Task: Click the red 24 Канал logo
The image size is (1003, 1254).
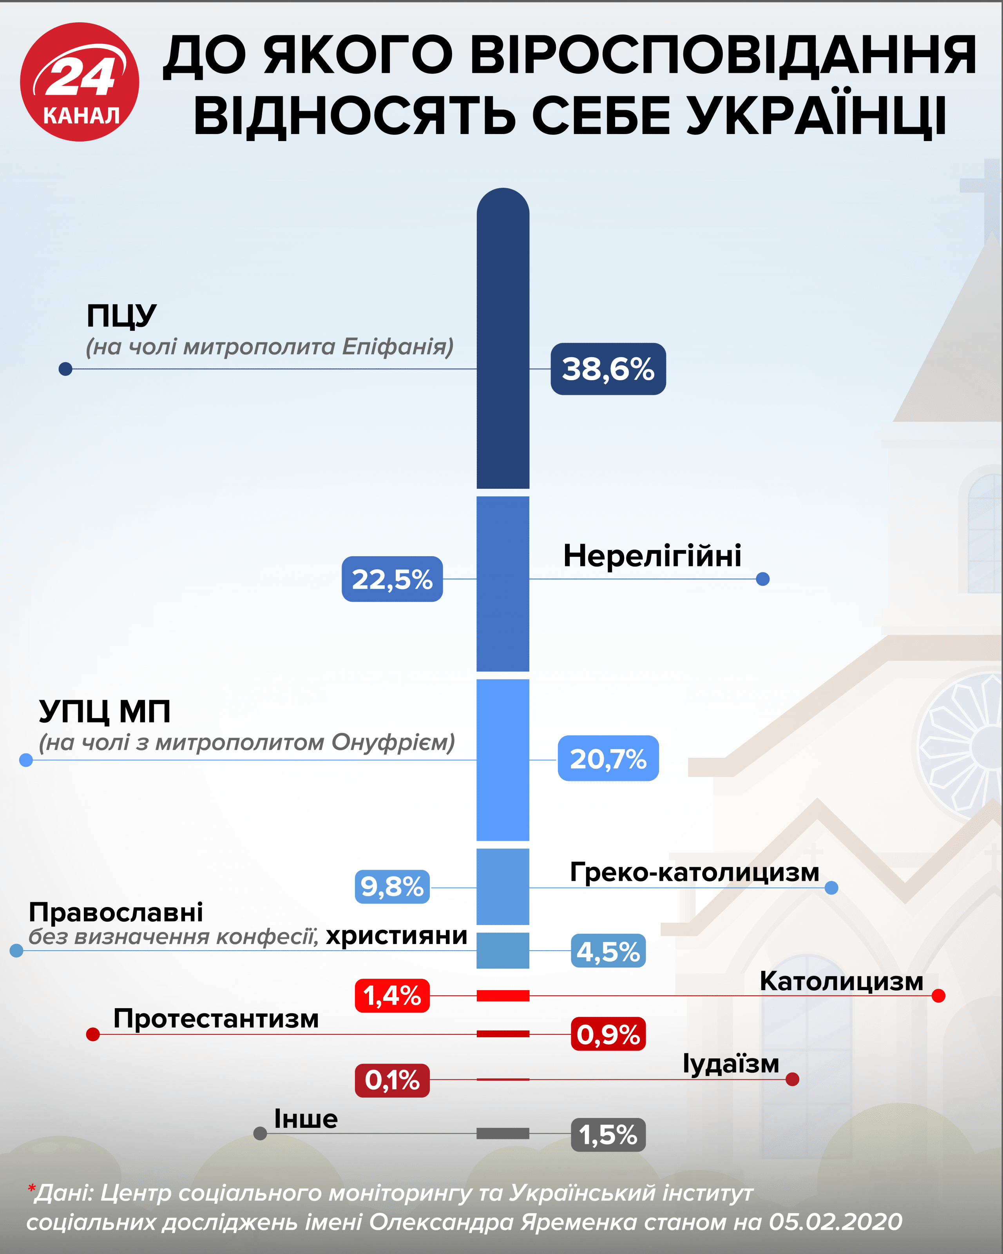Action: pyautogui.click(x=80, y=82)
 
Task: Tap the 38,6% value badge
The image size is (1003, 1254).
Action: pyautogui.click(x=608, y=369)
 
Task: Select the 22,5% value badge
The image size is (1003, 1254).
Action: pyautogui.click(x=392, y=579)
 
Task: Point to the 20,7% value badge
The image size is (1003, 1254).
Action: pyautogui.click(x=608, y=759)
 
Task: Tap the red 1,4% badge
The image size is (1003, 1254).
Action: pyautogui.click(x=392, y=996)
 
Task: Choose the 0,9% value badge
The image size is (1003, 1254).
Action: pyautogui.click(x=608, y=1034)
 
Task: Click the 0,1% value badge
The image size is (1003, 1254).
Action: pyautogui.click(x=392, y=1080)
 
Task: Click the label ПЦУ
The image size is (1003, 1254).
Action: pyautogui.click(x=121, y=316)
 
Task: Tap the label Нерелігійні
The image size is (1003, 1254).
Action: pyautogui.click(x=652, y=555)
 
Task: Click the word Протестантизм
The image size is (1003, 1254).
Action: pyautogui.click(x=216, y=1018)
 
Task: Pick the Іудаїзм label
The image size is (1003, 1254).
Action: pyautogui.click(x=730, y=1064)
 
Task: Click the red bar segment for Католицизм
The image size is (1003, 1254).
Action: pyautogui.click(x=503, y=996)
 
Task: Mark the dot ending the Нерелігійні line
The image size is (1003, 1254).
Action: pyautogui.click(x=763, y=579)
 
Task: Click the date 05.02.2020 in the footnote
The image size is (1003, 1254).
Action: pyautogui.click(x=835, y=1222)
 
